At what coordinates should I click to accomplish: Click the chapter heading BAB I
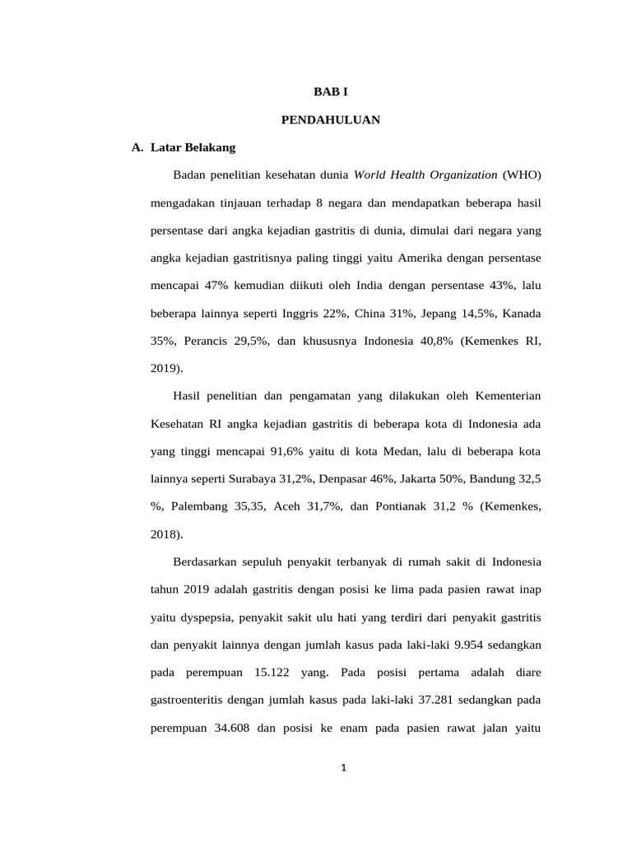coord(330,92)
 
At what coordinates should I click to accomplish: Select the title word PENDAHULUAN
coord(330,119)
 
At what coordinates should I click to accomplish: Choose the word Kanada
coord(522,314)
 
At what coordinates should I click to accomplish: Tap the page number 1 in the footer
coord(345,770)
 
